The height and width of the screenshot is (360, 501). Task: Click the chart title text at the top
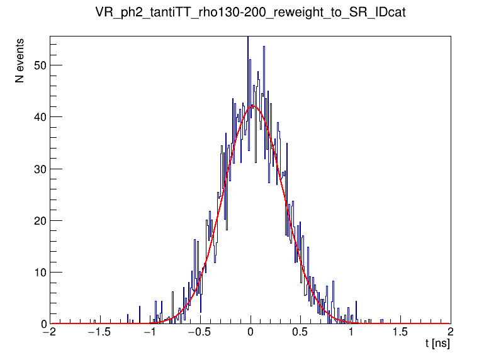click(250, 13)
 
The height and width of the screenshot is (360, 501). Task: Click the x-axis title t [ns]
click(437, 344)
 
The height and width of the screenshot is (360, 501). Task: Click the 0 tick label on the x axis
click(250, 334)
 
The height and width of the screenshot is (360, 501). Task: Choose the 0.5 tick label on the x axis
click(301, 334)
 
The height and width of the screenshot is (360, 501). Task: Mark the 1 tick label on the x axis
click(351, 334)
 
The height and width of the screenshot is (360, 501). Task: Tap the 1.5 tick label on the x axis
click(401, 334)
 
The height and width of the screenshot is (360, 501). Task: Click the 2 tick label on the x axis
click(451, 334)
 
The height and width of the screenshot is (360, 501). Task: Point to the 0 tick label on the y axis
click(42, 324)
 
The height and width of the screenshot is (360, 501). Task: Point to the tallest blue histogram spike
click(248, 38)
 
